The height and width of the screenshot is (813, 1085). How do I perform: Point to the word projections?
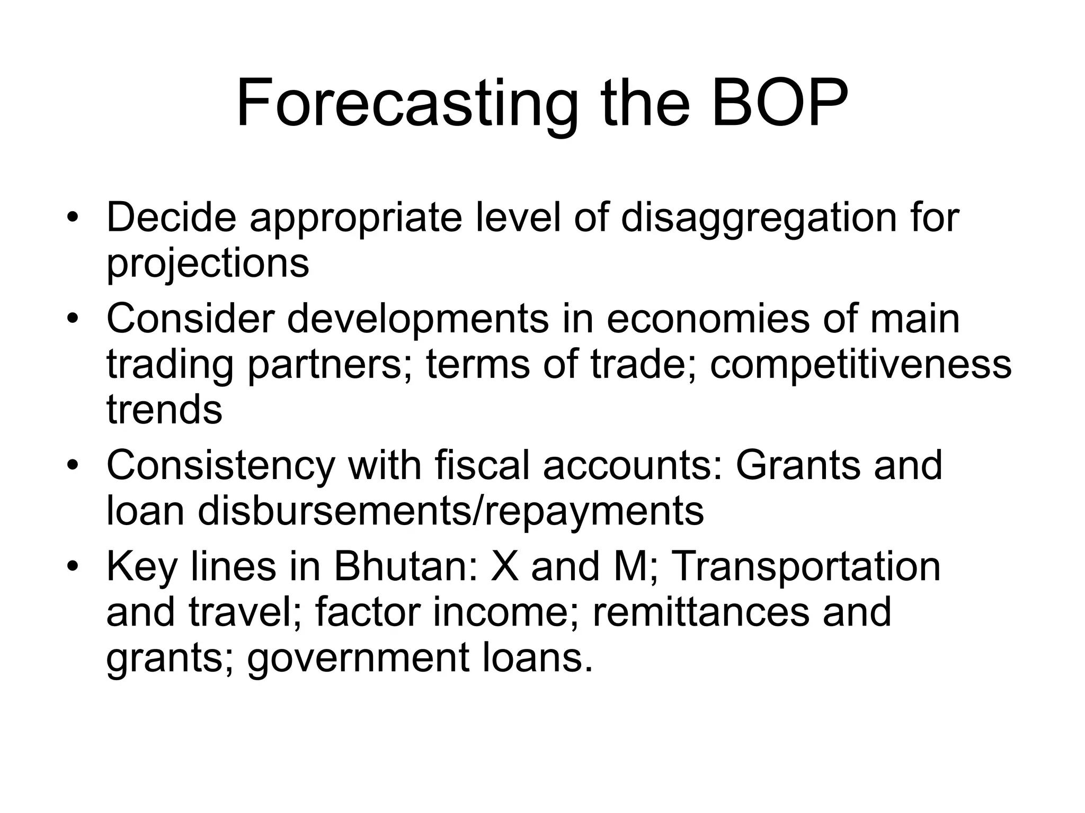[x=208, y=264]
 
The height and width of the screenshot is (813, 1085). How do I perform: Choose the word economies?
[x=708, y=319]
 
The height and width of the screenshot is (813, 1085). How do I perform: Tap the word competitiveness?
[x=860, y=365]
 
